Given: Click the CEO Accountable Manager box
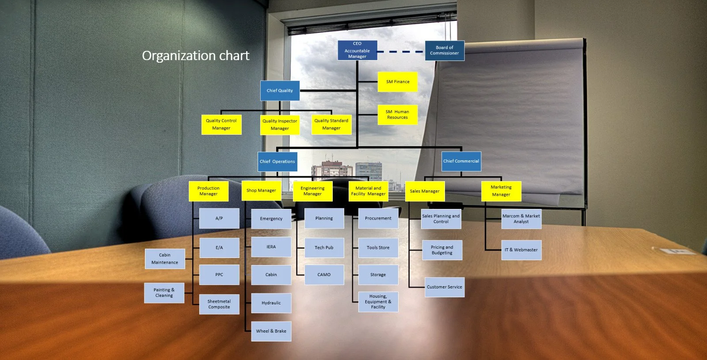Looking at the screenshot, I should [x=357, y=50].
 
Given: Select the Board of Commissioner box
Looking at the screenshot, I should [x=444, y=50].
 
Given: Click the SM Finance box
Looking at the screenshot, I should [x=397, y=82].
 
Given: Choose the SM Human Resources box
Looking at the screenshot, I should [x=397, y=114].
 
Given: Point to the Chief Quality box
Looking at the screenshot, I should [x=280, y=91].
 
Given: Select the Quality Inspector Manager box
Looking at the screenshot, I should [x=280, y=125].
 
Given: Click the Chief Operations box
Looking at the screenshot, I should [x=277, y=162].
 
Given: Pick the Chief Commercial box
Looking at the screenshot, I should [x=461, y=161].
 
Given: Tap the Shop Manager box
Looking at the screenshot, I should [x=261, y=190].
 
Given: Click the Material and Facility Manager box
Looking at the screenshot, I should [x=368, y=191].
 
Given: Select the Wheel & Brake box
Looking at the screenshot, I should [x=271, y=331].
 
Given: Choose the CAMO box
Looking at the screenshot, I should [x=324, y=274].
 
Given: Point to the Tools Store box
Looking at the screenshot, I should [x=378, y=248].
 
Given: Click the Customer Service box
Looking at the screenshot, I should [x=444, y=287].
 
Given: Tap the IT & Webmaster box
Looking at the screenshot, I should [x=521, y=250].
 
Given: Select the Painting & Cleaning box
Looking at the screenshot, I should [x=164, y=292].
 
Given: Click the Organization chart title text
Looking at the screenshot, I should [x=195, y=56].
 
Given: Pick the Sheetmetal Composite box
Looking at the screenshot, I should [x=219, y=304].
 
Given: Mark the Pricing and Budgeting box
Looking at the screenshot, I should [x=442, y=250].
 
